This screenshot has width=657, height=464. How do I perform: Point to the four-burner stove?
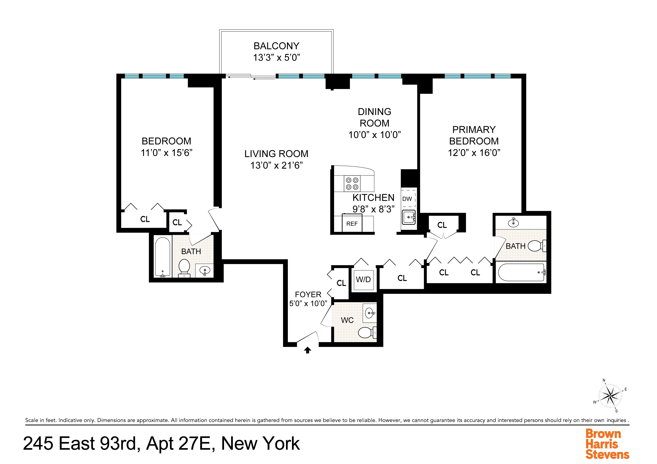(x=352, y=184)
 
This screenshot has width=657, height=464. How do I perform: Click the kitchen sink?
(x=409, y=217)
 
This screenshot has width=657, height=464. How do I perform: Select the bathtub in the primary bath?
(x=521, y=272)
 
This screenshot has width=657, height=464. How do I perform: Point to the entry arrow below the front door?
(x=308, y=350)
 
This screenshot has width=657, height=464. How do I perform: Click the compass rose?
(x=610, y=396)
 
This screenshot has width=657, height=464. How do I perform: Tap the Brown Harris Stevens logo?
(x=607, y=444)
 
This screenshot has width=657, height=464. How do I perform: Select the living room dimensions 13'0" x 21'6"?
(x=276, y=165)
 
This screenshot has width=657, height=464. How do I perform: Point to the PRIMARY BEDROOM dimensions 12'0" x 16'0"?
(x=474, y=153)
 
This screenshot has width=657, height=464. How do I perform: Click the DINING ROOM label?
(x=374, y=117)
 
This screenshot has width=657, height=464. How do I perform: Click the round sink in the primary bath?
(x=513, y=222)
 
